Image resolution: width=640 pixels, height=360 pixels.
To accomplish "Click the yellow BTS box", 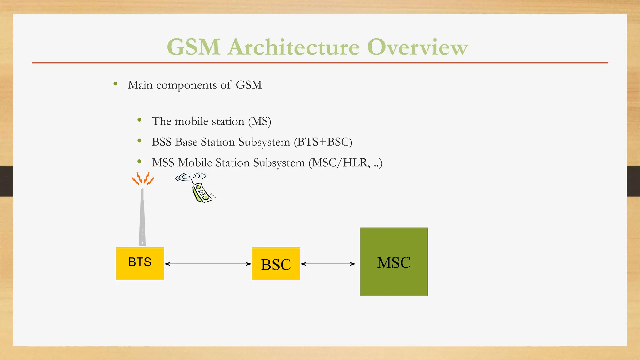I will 140,264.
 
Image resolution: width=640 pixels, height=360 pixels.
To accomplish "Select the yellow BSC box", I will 276,264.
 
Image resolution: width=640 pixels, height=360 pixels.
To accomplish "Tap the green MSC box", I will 394,262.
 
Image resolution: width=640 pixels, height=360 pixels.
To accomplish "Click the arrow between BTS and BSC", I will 208,264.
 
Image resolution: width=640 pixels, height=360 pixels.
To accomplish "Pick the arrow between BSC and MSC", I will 328,264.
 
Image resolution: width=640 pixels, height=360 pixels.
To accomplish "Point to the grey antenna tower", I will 142,219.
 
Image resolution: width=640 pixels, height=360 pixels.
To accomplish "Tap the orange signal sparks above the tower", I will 143,178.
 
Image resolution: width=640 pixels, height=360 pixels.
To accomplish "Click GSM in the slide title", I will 193,47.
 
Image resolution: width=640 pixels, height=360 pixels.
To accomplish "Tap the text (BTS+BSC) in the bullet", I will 323,142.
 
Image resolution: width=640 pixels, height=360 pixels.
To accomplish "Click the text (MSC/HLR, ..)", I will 345,163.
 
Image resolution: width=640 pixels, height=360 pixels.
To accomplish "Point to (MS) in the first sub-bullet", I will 259,121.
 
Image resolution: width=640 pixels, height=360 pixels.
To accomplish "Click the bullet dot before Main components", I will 116,84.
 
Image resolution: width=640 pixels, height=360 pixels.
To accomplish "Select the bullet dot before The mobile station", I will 139,120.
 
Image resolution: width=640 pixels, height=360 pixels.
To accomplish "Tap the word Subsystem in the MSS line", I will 278,163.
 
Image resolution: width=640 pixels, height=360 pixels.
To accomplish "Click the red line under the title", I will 320,63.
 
